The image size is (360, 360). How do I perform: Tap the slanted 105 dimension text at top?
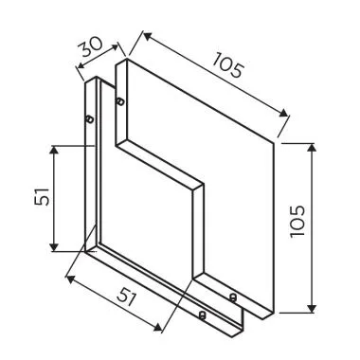(x=230, y=65)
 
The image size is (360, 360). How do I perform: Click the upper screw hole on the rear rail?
(x=89, y=119)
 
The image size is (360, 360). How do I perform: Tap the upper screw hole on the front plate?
(x=119, y=101)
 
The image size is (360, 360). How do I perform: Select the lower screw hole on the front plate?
(x=234, y=297)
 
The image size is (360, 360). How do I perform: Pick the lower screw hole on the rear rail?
(x=201, y=315)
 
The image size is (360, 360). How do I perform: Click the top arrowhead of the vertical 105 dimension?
(x=314, y=146)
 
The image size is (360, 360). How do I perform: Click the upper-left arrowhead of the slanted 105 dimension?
(x=144, y=36)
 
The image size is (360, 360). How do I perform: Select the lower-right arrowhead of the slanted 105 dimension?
(x=286, y=117)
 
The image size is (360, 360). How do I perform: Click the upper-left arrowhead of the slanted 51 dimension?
(x=70, y=277)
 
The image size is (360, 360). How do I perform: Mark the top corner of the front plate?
(x=123, y=58)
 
